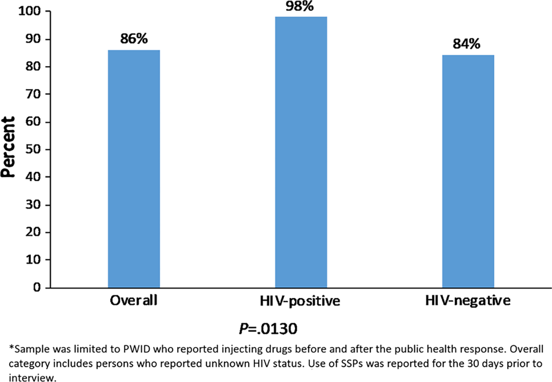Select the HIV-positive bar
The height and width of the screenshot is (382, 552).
click(301, 152)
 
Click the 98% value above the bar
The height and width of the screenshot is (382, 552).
click(302, 6)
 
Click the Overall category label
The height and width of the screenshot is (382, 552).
click(134, 302)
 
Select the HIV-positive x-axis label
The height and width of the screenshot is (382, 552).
click(301, 302)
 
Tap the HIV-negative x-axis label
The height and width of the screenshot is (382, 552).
click(468, 302)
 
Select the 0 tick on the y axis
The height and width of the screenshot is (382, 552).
click(39, 288)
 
